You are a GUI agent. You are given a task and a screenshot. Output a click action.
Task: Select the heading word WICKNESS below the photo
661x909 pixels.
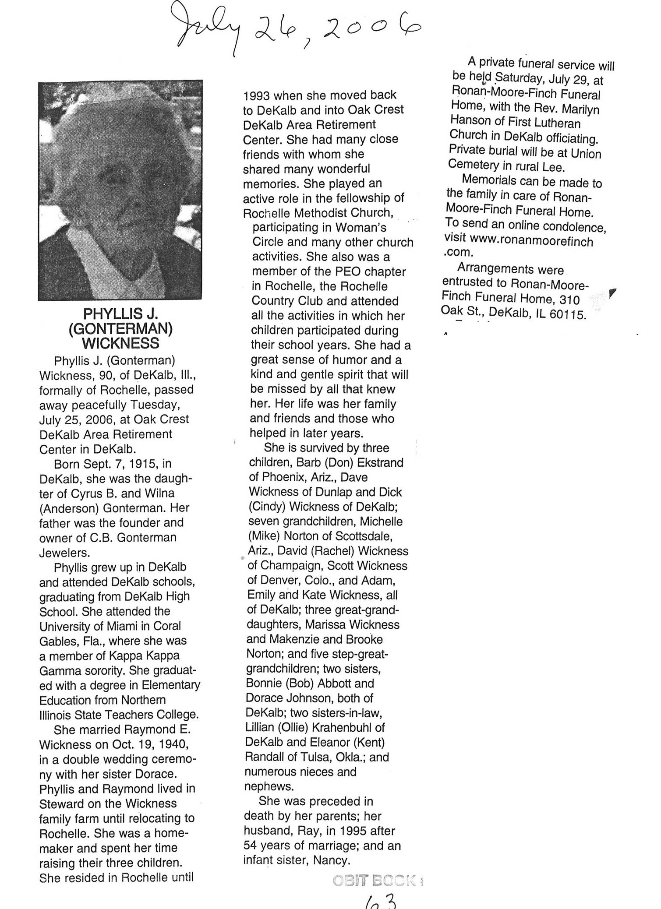(x=120, y=343)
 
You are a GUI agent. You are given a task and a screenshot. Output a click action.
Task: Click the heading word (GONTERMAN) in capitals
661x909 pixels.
(x=120, y=328)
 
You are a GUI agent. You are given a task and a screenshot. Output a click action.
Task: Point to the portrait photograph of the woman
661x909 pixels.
(x=120, y=190)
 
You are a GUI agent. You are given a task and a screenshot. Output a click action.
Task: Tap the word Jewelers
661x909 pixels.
(x=64, y=553)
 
